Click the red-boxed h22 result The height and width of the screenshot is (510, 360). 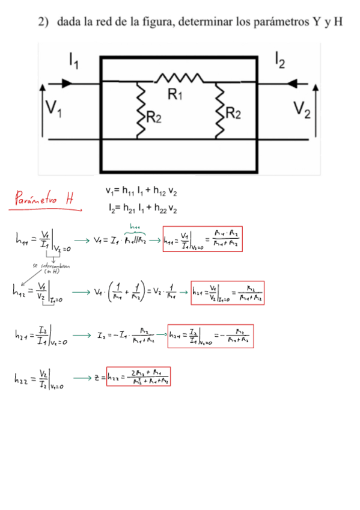(138, 376)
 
